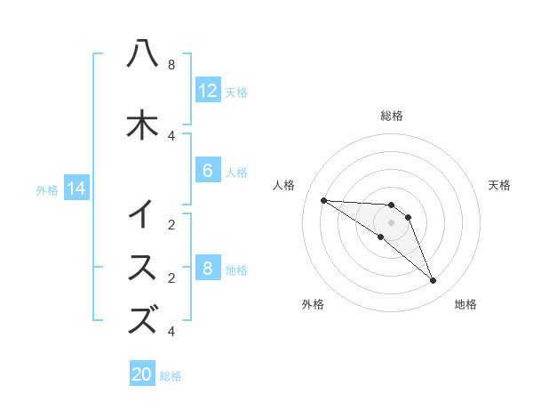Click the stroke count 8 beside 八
click(x=171, y=65)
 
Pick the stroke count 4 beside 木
click(x=171, y=135)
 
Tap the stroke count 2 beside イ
click(x=171, y=225)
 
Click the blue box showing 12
click(x=207, y=90)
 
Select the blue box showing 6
click(x=207, y=171)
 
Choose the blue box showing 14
click(x=76, y=189)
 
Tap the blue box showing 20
click(x=142, y=374)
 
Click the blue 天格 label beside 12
click(x=236, y=92)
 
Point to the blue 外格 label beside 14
click(x=47, y=189)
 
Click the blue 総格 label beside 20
click(x=171, y=376)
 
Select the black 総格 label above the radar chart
click(x=391, y=116)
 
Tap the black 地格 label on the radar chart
click(x=465, y=305)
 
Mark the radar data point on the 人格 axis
click(x=323, y=200)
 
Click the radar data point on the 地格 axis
click(x=433, y=281)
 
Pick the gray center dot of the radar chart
click(x=391, y=221)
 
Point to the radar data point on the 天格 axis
click(x=408, y=217)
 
